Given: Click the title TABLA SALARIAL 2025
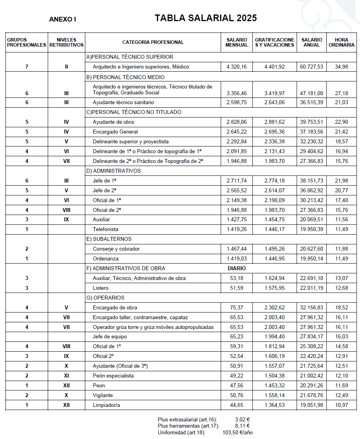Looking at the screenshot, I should [x=205, y=18].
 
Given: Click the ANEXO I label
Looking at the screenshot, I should [x=63, y=19].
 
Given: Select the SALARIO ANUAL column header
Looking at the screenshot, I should [x=312, y=42].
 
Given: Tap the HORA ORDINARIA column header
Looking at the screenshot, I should [x=342, y=42].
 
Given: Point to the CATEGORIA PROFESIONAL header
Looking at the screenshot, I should [x=153, y=42].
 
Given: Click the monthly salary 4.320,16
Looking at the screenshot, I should [x=237, y=67].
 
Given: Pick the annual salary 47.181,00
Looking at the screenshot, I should [x=312, y=93].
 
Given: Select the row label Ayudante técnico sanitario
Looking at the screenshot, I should [x=123, y=103].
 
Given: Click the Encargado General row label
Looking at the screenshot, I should [x=115, y=132].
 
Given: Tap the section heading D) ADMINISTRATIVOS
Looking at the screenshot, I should [x=113, y=171].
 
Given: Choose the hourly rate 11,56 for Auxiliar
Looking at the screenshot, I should [x=342, y=220].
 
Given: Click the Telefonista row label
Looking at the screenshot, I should [x=105, y=229].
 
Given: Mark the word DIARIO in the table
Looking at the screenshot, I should [x=237, y=268].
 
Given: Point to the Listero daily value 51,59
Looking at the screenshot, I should [x=237, y=288].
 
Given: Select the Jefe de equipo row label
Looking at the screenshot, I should [x=110, y=337].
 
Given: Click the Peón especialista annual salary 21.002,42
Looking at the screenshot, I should [x=312, y=376].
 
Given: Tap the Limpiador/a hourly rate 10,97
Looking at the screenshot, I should [x=342, y=405].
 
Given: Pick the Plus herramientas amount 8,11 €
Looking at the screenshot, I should [x=243, y=426].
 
